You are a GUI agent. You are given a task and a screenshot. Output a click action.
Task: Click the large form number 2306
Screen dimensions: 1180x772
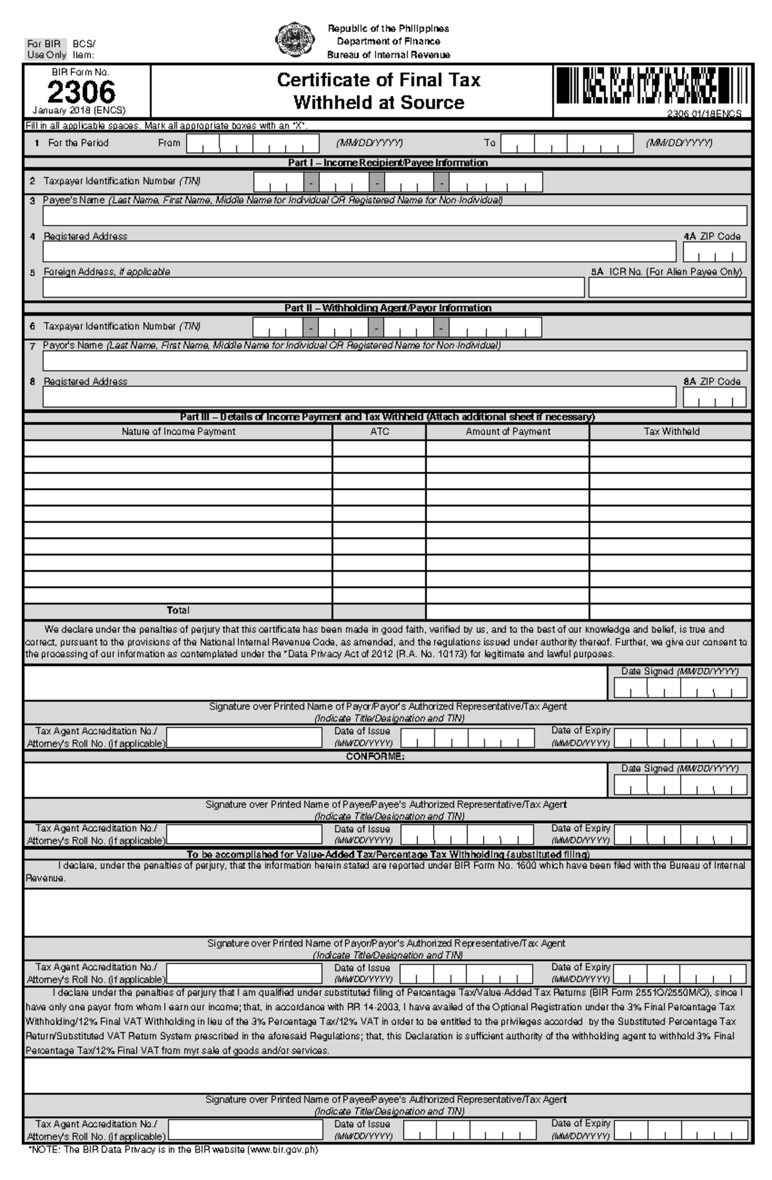[81, 93]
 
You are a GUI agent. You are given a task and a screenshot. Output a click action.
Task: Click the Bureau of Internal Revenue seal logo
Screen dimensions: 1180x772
[295, 40]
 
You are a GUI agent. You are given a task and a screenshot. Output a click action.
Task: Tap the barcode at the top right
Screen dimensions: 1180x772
[652, 87]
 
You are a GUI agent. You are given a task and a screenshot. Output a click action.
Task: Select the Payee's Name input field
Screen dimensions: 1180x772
[394, 215]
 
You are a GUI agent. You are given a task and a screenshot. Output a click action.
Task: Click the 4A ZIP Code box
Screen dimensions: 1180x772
[714, 251]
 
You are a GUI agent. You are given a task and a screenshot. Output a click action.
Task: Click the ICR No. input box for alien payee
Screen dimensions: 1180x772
[667, 287]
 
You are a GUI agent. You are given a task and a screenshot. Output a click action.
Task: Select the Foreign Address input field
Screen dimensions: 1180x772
[313, 287]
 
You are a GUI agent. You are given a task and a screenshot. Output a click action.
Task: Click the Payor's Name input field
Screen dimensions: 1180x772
[394, 361]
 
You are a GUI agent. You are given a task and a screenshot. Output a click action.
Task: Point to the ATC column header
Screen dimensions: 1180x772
[380, 431]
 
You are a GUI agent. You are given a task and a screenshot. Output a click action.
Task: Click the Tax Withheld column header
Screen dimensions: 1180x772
[671, 431]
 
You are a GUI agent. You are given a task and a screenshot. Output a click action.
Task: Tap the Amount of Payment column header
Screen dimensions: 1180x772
[508, 431]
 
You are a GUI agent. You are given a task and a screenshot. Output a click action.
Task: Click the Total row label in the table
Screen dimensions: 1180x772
[178, 610]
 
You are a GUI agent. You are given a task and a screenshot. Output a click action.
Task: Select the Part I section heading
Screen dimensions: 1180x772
[387, 163]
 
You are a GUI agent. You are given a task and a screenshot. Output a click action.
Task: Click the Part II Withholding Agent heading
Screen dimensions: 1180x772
[387, 308]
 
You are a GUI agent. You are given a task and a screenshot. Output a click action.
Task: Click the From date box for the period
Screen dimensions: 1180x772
[253, 143]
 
